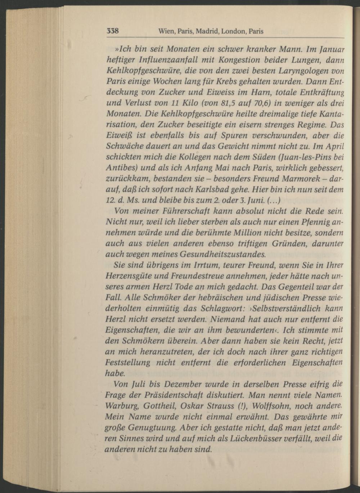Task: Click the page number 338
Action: click(112, 31)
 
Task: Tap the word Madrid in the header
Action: click(206, 31)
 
